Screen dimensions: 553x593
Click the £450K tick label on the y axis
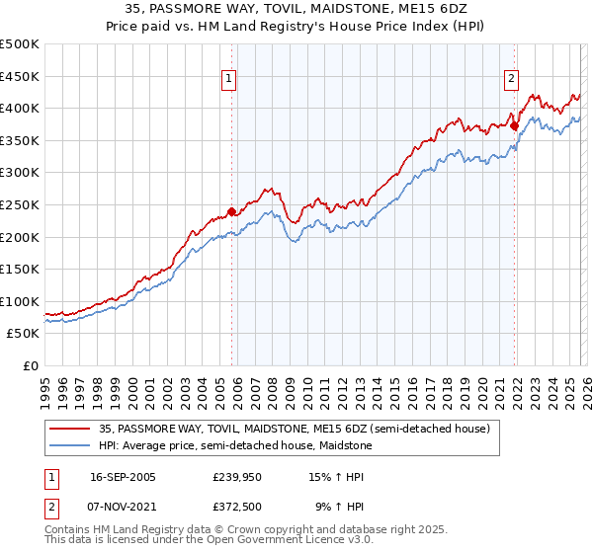pos(20,76)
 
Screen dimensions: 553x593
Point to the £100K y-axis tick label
pos(20,301)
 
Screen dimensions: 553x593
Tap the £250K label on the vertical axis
pos(20,204)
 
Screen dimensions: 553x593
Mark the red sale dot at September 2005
pos(231,211)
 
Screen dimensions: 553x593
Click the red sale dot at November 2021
pos(515,125)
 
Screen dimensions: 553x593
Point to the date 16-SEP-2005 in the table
pos(123,477)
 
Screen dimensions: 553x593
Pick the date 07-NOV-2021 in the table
pos(123,507)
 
